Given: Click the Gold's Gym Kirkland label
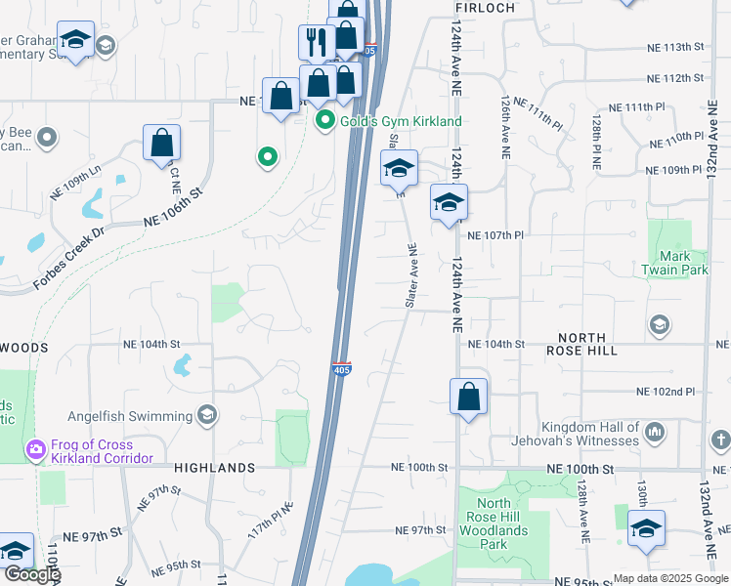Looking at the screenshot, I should point(401,121).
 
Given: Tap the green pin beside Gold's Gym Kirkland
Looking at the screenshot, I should point(325,121).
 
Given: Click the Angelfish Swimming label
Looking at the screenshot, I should point(131,416).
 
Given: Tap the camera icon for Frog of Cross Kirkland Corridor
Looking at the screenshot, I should point(36,449).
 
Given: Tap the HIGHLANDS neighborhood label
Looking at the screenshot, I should point(215,468).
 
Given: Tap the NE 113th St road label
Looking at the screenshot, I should point(675,47).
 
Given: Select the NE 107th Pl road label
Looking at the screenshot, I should point(496,235).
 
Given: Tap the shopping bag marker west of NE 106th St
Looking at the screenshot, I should point(161,143).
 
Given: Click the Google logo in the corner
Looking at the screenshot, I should point(31,574).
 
